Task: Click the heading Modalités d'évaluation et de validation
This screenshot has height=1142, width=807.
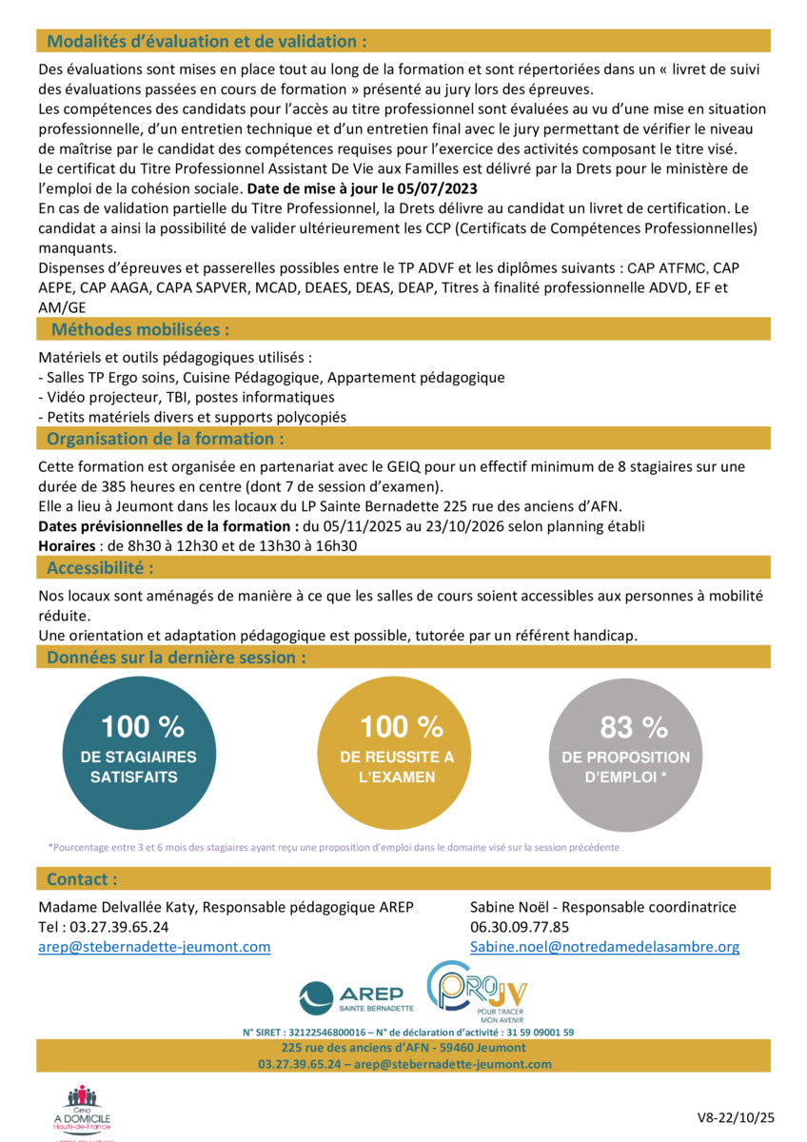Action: coord(207,41)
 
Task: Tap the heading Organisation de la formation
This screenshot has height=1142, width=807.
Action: coord(166,439)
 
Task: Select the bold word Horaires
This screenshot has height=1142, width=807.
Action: coord(66,545)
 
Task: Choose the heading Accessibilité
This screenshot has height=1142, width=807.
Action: coord(100,568)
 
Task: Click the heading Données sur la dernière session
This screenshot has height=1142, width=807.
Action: coord(177,657)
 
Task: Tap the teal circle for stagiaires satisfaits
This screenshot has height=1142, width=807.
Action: coord(139,754)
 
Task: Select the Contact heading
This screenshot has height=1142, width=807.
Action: coord(83,878)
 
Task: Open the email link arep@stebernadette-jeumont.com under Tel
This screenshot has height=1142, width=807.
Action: coord(154,947)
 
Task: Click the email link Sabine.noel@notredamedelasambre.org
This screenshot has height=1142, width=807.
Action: coord(604,947)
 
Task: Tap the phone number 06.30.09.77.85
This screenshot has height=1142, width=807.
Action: coord(520,927)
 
